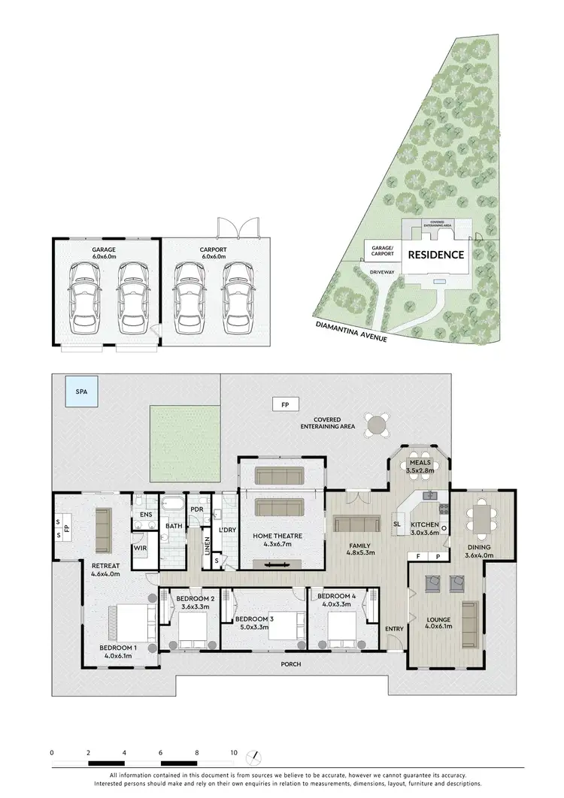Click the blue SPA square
click(x=80, y=391)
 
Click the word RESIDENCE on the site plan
click(x=435, y=255)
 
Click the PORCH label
click(x=291, y=664)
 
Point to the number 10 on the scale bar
click(x=234, y=752)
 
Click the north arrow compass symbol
click(x=257, y=755)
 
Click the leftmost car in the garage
click(x=83, y=300)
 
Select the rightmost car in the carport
click(x=235, y=300)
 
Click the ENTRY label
click(x=394, y=628)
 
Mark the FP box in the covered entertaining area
click(x=285, y=404)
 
